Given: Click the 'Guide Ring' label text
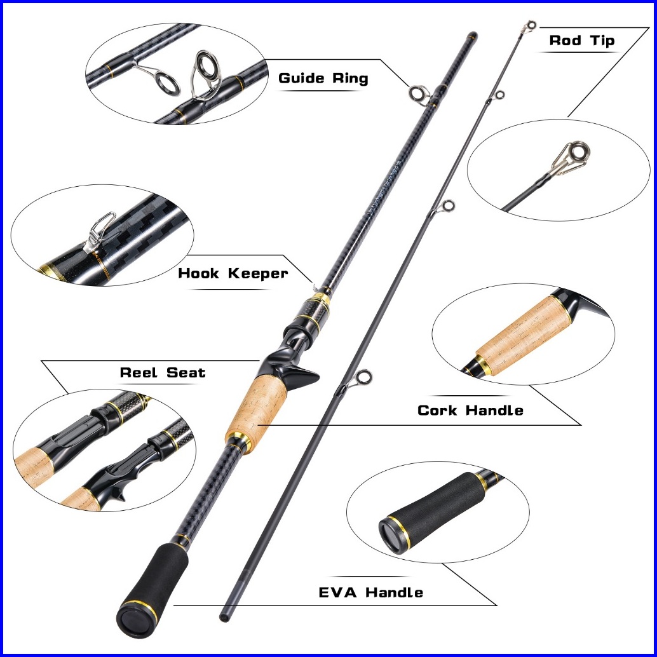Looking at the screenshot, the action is (323, 79).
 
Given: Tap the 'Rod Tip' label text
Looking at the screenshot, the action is (582, 41).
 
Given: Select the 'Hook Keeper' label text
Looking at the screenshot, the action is (233, 274).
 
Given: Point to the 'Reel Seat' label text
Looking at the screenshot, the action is (163, 373).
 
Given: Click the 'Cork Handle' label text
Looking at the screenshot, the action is (470, 410).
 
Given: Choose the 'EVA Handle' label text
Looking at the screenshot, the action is (371, 593).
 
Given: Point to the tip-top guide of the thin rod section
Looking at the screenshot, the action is (529, 26).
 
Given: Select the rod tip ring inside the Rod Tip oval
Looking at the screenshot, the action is (578, 152).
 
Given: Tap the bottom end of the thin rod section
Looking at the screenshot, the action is (224, 616).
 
